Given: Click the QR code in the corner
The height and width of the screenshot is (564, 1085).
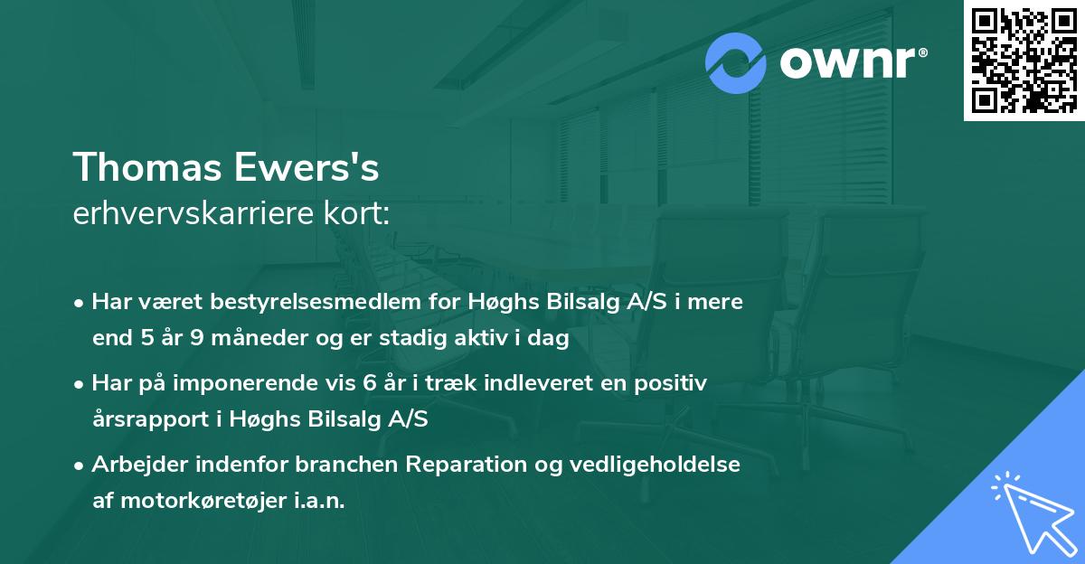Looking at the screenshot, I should [1024, 60].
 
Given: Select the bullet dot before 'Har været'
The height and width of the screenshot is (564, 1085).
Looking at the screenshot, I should [80, 303].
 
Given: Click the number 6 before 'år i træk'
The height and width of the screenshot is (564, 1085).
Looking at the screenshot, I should [368, 383].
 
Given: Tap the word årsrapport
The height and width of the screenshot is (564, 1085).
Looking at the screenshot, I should [144, 419].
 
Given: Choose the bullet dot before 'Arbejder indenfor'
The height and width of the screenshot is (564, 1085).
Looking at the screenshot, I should [80, 465].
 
